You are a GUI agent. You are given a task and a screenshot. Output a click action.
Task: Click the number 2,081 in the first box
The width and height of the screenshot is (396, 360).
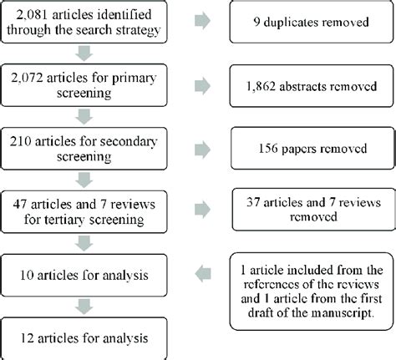pos(32,14)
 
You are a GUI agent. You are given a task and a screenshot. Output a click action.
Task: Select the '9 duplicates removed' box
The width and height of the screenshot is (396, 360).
pos(312,22)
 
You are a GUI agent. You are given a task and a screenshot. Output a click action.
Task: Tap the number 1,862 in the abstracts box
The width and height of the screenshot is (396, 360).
pos(261,87)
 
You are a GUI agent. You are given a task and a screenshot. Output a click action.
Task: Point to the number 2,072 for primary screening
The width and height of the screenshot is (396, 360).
pos(27,78)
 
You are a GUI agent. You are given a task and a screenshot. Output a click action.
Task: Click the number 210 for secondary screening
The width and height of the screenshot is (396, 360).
pos(21,141)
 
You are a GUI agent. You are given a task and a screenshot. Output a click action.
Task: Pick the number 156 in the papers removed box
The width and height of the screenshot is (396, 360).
pos(268,149)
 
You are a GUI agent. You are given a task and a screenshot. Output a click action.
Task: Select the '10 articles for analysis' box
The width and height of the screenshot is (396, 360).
pos(84,275)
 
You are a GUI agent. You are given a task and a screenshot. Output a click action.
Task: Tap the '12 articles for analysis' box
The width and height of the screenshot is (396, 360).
pos(84,338)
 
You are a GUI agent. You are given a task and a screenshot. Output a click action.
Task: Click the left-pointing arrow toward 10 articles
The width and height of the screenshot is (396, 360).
pos(203,274)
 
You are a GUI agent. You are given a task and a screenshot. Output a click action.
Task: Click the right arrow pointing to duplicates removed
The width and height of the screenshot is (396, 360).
pos(202,21)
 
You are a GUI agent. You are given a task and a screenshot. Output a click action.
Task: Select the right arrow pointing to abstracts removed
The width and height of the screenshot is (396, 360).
pos(202,85)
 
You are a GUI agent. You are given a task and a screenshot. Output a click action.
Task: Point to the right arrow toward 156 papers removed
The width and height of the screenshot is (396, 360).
pos(202,150)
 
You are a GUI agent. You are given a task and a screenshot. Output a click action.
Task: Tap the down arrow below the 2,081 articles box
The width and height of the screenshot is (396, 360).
pos(84,53)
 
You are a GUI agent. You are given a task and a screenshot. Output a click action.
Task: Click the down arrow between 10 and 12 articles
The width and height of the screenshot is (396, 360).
pos(84,307)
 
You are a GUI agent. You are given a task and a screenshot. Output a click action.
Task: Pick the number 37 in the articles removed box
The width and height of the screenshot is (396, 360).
pos(253,202)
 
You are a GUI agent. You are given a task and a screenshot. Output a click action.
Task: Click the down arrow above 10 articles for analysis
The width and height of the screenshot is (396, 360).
pos(84,243)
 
